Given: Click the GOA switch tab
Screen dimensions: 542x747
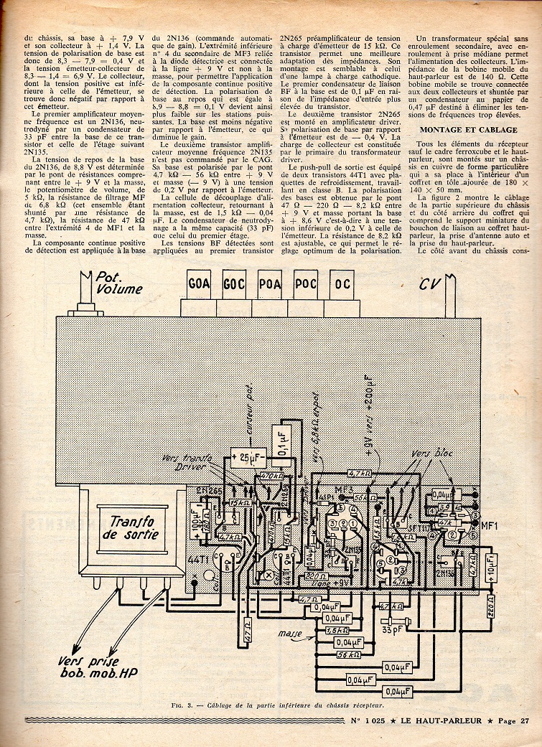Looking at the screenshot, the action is tap(199, 283).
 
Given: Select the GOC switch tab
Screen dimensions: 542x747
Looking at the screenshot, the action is tap(234, 283).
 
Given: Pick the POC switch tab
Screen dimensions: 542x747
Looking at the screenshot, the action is tap(307, 283).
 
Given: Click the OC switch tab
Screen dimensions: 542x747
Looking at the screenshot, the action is tap(343, 283).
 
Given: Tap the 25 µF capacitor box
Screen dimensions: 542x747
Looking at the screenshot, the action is tap(246, 456).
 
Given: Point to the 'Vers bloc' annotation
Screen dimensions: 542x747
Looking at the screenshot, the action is tap(431, 455).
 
